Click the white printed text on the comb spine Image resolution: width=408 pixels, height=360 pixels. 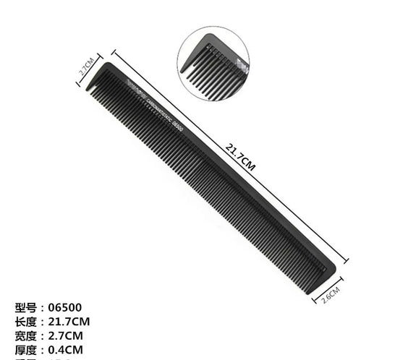point(156,106)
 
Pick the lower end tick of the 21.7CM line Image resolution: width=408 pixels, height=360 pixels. point(348,262)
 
